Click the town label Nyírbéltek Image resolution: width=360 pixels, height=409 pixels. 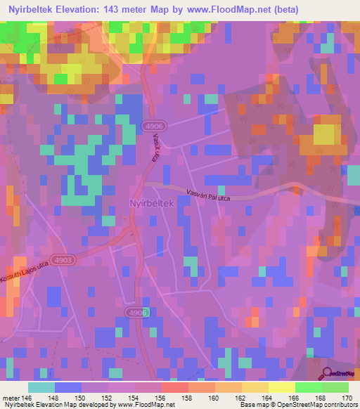[x=151, y=202]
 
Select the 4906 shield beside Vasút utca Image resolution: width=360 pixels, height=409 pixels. [x=150, y=125]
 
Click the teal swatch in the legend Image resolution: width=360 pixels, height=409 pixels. [x=41, y=387]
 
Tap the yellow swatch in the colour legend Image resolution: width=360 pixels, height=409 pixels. [x=281, y=387]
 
